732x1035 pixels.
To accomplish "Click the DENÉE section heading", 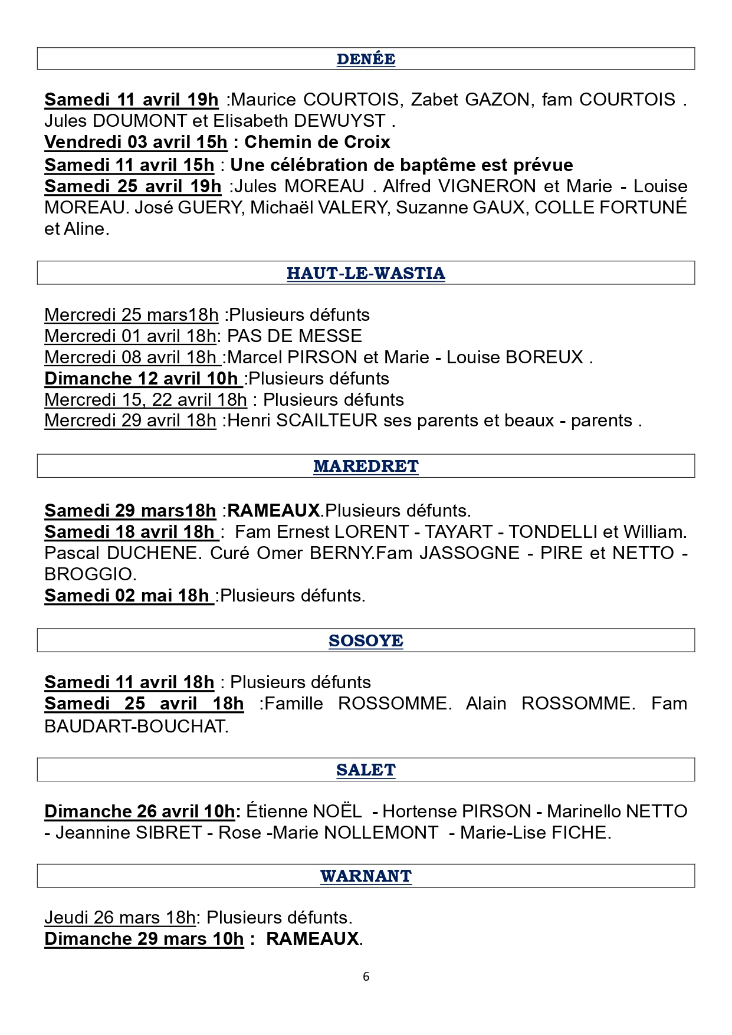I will (x=366, y=59).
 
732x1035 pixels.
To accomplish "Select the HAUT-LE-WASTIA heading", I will (x=366, y=273).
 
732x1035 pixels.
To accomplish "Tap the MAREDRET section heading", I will (x=366, y=466).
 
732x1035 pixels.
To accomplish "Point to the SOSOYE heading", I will (x=366, y=640).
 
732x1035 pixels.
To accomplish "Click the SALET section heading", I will (x=366, y=770).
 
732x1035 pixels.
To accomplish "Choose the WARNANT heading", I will (x=366, y=876).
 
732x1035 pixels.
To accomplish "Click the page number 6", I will (x=366, y=977).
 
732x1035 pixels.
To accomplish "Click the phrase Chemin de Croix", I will (x=317, y=142).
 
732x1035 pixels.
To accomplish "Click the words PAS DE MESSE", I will (x=294, y=336).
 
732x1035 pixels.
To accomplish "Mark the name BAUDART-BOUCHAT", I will (x=136, y=726).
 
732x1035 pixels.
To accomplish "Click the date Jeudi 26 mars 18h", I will (x=120, y=918).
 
